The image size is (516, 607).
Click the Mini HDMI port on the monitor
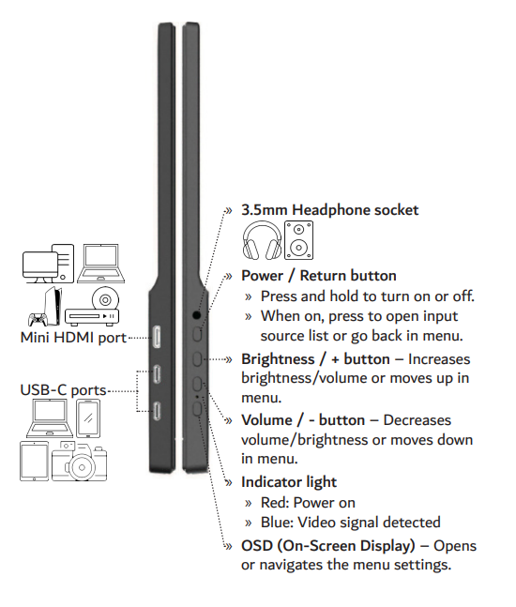[158, 336]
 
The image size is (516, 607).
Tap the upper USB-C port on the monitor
[157, 374]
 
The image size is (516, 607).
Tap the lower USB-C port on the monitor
[157, 411]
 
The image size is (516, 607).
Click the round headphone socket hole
[197, 315]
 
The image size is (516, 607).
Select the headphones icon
[262, 240]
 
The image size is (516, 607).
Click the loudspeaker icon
[298, 240]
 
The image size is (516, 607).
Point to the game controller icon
[38, 319]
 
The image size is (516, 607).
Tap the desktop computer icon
[48, 264]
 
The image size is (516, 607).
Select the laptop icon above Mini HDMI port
[101, 264]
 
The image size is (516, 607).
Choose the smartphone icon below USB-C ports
[88, 418]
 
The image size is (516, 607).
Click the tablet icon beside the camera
[35, 461]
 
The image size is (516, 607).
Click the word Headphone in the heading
[330, 210]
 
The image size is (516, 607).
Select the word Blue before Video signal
[277, 523]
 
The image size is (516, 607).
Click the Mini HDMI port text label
[73, 338]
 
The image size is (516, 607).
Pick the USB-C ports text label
[63, 390]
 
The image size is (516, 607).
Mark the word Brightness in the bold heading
[278, 359]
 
